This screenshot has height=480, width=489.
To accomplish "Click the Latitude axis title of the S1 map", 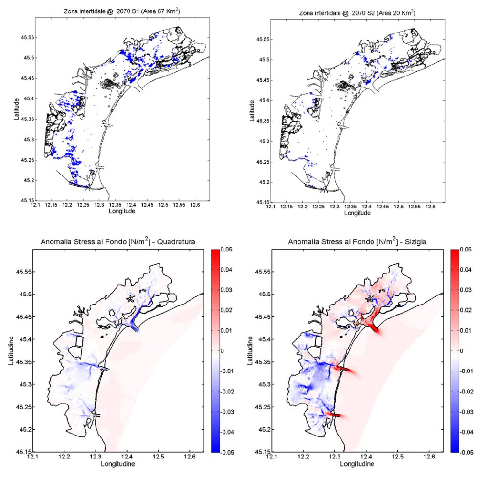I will (x=17, y=109).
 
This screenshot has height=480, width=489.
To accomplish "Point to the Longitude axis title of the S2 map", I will (x=357, y=213).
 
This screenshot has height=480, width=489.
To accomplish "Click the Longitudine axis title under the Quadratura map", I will (x=119, y=464).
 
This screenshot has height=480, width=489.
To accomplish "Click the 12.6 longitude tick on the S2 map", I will (x=431, y=207).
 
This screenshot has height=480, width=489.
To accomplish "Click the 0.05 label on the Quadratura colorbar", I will (x=227, y=250).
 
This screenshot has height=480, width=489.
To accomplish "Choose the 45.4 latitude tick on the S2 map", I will (x=261, y=101).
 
